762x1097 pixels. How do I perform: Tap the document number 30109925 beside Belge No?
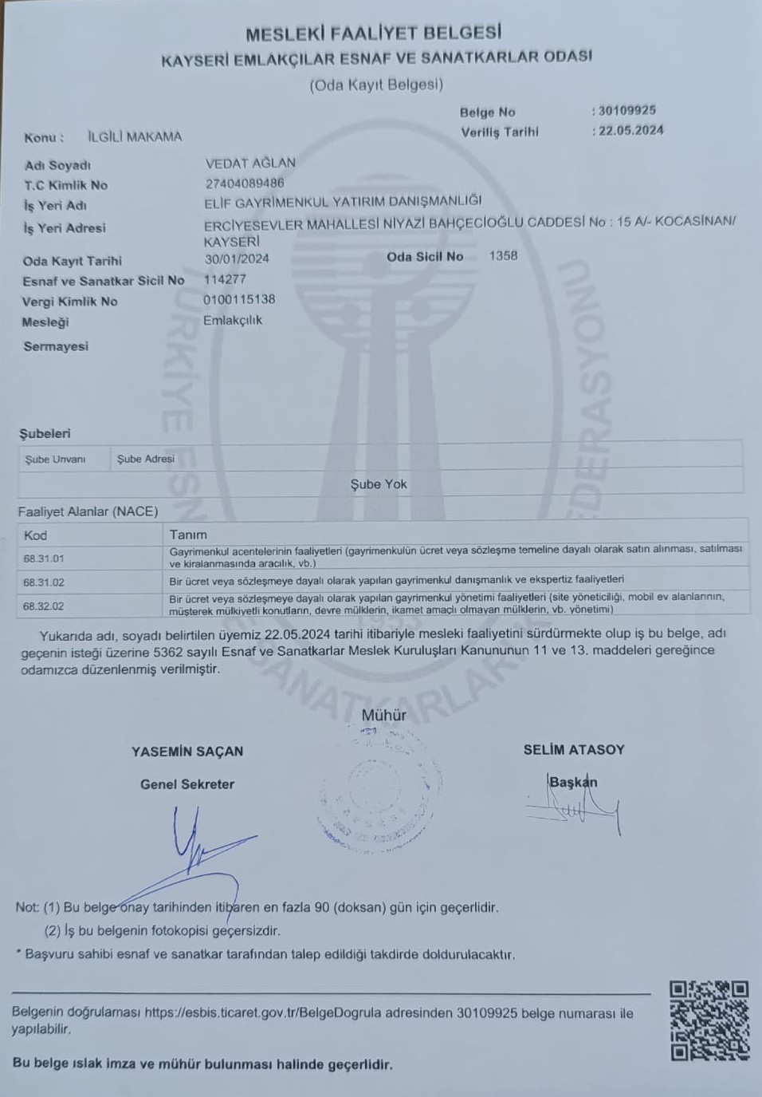(x=627, y=111)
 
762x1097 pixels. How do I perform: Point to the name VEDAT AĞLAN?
(x=250, y=163)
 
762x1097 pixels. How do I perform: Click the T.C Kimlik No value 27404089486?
(x=245, y=183)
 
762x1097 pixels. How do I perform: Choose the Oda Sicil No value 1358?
(x=503, y=256)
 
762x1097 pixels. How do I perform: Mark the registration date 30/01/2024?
(x=237, y=258)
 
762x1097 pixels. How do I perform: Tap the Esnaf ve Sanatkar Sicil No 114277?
(x=225, y=279)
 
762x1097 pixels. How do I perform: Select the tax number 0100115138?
(x=239, y=299)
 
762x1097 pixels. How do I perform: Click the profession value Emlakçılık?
(x=233, y=320)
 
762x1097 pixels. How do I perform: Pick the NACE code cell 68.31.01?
(x=44, y=558)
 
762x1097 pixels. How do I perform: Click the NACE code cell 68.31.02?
(x=44, y=582)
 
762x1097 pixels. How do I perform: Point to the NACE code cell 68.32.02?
(x=44, y=606)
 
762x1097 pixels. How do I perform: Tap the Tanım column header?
(x=188, y=535)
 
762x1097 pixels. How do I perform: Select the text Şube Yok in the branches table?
(x=379, y=484)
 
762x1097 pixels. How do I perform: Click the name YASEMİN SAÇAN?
(x=187, y=752)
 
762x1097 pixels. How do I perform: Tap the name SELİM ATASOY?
(x=574, y=750)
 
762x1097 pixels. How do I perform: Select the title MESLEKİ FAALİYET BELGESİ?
(x=373, y=34)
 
